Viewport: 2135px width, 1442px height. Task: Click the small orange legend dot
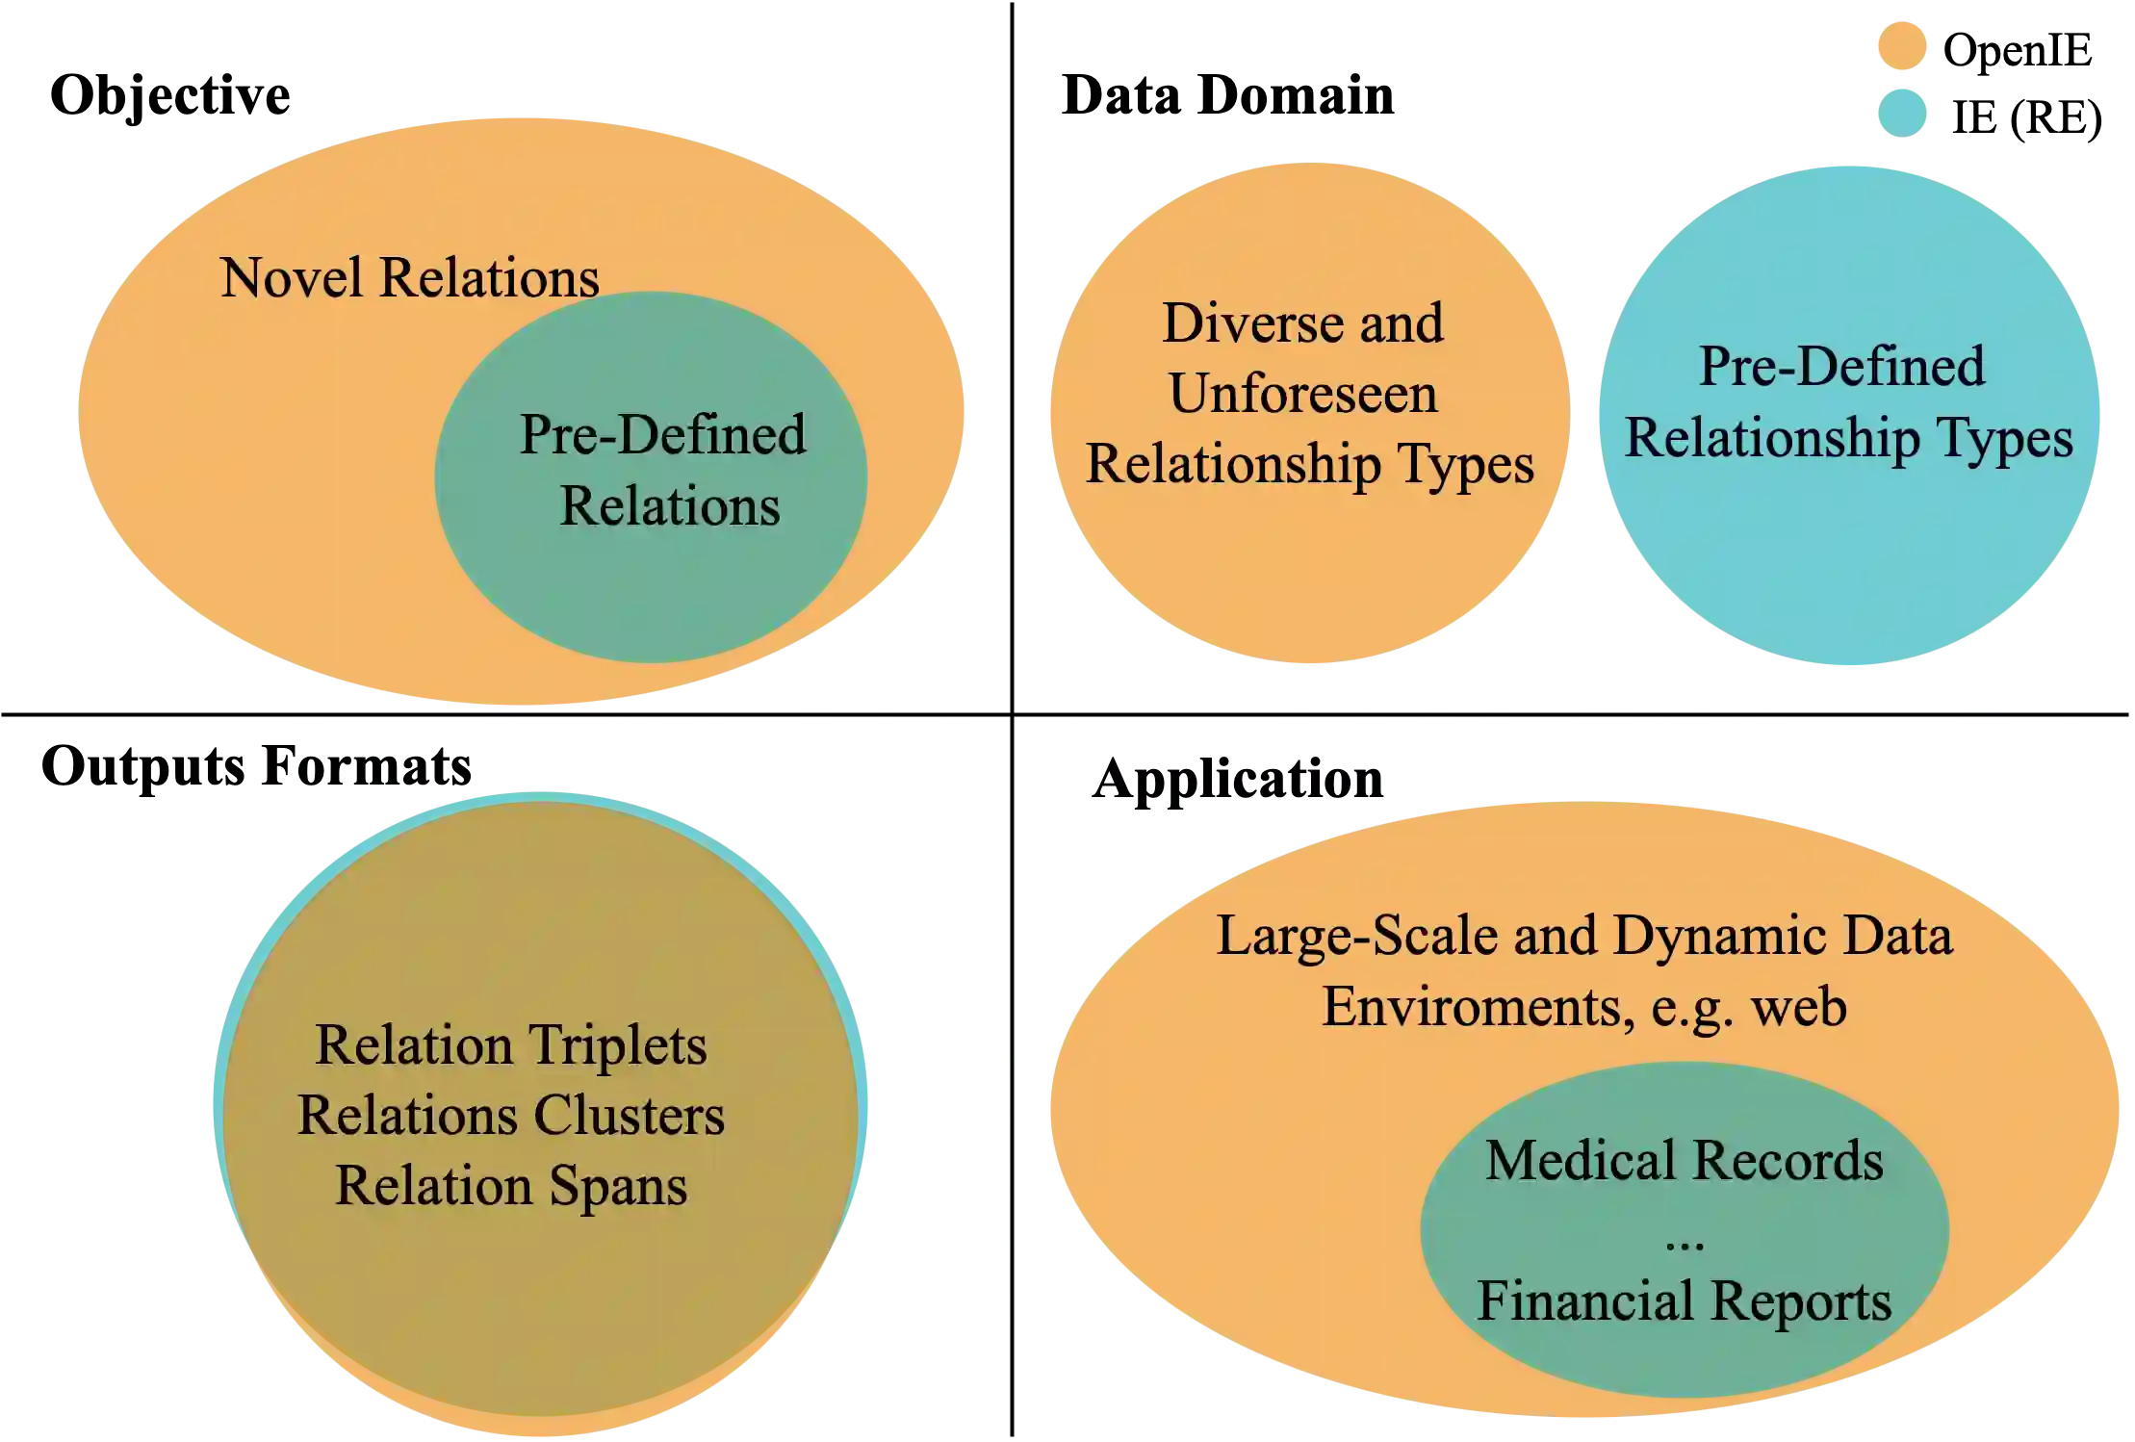1902,45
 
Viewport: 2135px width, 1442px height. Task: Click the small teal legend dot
1902,112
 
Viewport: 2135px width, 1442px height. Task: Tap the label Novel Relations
409,278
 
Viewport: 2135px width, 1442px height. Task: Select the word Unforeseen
1303,394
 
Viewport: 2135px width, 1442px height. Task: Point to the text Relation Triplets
511,1045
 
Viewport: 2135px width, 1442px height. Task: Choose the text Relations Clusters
511,1116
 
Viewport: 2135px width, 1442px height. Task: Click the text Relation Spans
511,1186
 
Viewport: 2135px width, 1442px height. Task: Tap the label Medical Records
1684,1161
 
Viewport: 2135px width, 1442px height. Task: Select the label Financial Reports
1684,1301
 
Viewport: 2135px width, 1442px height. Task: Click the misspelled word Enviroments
1478,1008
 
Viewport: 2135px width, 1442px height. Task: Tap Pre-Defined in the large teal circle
1841,367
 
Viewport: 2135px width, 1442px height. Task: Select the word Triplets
617,1045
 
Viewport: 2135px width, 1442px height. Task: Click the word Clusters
629,1116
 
